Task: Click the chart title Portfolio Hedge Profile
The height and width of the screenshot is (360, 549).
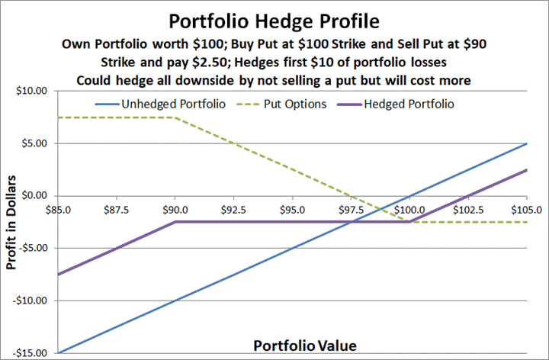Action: point(274,17)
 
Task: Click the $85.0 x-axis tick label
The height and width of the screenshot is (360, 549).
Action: point(58,209)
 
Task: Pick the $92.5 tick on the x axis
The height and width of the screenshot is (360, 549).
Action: point(234,209)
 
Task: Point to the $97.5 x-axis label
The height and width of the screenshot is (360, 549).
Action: point(352,209)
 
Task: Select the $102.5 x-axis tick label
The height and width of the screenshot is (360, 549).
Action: point(467,209)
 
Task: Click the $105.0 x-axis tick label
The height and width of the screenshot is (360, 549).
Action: point(525,209)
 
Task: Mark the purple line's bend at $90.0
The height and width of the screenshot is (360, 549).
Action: point(175,222)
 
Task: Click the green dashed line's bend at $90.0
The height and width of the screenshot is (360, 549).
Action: point(175,117)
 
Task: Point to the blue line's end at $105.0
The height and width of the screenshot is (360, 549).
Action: point(527,143)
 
